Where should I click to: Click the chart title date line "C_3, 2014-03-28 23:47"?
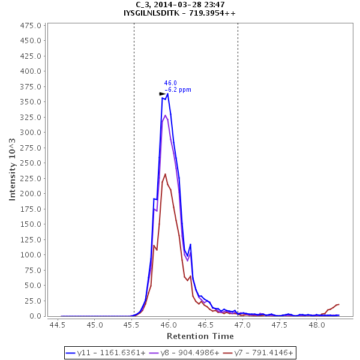pyautogui.click(x=179, y=4)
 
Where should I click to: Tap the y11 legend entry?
pyautogui.click(x=106, y=352)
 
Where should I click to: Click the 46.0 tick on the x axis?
pyautogui.click(x=169, y=325)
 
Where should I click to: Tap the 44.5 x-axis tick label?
pyautogui.click(x=58, y=325)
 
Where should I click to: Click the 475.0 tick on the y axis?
pyautogui.click(x=31, y=26)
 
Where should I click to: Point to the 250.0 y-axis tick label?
pyautogui.click(x=31, y=163)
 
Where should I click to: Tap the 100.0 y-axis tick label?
pyautogui.click(x=31, y=255)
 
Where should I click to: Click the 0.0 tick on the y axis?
pyautogui.click(x=35, y=316)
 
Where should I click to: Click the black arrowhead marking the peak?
pyautogui.click(x=162, y=94)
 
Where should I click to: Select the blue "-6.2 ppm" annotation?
pyautogui.click(x=178, y=90)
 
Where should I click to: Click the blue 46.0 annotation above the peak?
pyautogui.click(x=170, y=83)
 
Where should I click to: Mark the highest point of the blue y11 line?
pyautogui.click(x=167, y=94)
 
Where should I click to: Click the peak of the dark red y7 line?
pyautogui.click(x=166, y=174)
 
